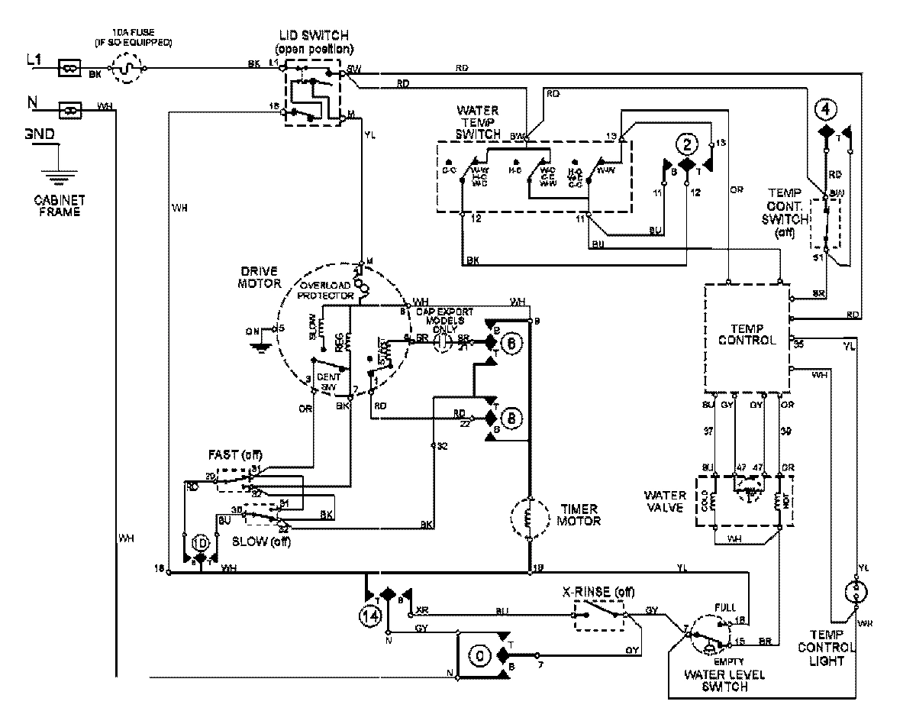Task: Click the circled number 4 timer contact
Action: click(x=824, y=108)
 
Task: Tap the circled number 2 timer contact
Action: click(x=688, y=144)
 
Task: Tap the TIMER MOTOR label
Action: click(x=579, y=515)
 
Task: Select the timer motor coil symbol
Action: click(x=529, y=519)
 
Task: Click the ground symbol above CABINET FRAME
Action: click(x=53, y=176)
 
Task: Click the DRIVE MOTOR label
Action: click(x=261, y=278)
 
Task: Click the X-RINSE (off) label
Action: click(x=598, y=593)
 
